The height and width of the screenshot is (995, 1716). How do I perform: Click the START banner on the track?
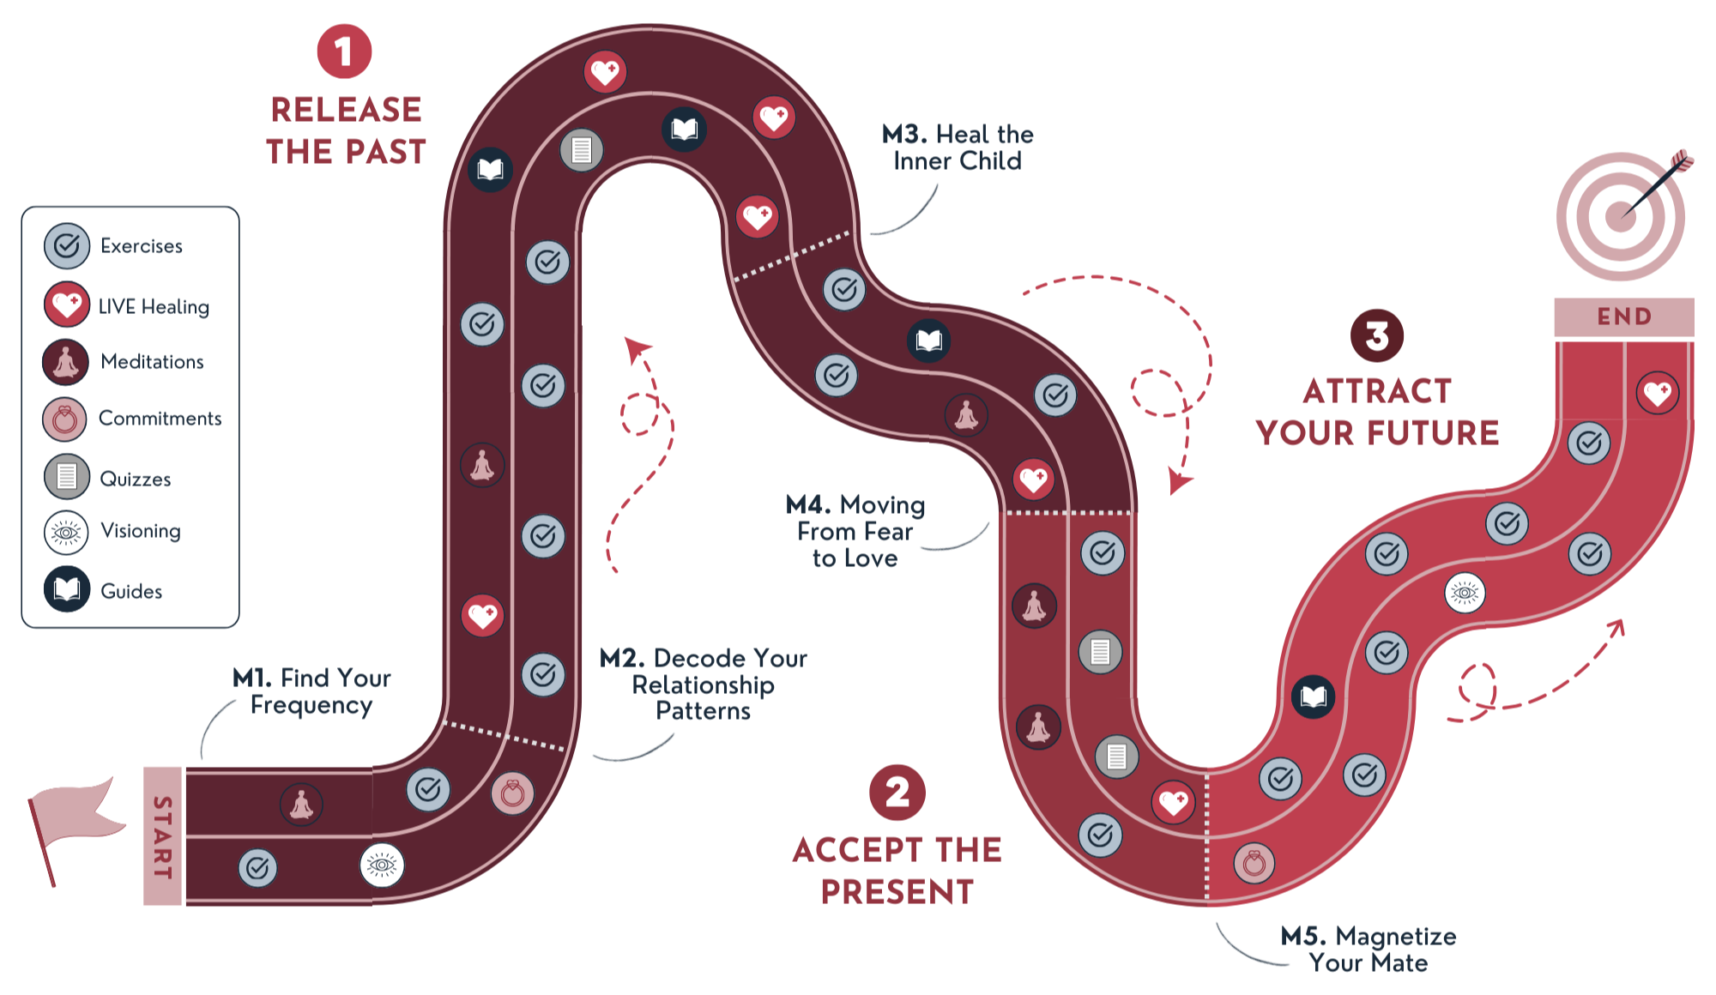tap(162, 836)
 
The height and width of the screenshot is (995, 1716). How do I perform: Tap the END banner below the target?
tap(1623, 317)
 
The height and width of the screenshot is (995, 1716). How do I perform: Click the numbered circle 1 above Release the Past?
tap(344, 51)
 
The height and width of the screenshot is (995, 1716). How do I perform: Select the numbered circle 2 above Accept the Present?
tap(897, 793)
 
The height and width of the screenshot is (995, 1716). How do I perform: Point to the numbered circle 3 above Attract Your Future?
tap(1376, 335)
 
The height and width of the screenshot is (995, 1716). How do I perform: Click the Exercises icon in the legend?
tap(67, 246)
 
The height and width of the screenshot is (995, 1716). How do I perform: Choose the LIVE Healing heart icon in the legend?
tap(67, 305)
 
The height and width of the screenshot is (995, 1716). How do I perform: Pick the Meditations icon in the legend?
tap(66, 362)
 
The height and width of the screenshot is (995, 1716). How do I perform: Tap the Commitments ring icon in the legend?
tap(65, 419)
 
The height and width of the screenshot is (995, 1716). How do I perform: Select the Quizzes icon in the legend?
tap(67, 477)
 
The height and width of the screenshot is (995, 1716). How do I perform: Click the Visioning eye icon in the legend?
tap(66, 533)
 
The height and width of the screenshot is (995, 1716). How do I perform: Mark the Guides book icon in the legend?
tap(67, 589)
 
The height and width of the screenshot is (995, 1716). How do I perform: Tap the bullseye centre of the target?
tap(1620, 215)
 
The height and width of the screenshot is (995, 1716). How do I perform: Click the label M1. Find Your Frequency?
tap(311, 691)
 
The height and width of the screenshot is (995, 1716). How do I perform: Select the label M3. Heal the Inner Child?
tap(958, 148)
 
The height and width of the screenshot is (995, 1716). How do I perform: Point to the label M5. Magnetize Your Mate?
tap(1369, 950)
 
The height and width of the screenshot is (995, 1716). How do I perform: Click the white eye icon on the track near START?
tap(382, 865)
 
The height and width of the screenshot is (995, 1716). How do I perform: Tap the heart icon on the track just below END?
tap(1657, 393)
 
